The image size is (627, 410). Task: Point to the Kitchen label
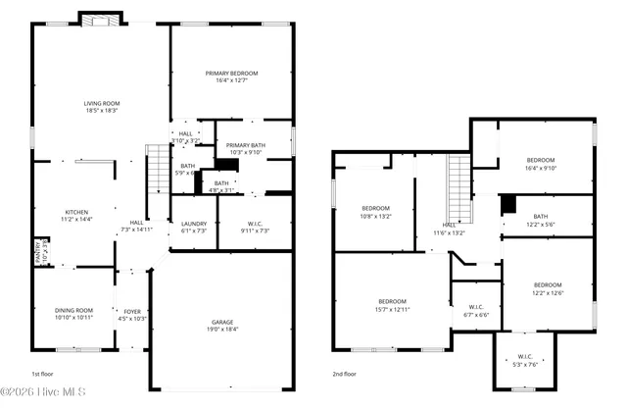click(x=76, y=216)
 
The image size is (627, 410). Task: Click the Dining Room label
click(x=73, y=314)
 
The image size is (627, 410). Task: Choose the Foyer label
click(x=132, y=314)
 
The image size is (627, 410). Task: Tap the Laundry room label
click(x=194, y=227)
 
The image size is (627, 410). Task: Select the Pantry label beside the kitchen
click(x=40, y=253)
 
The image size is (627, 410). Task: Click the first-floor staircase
click(x=158, y=169)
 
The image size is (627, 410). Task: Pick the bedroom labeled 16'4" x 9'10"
click(x=540, y=164)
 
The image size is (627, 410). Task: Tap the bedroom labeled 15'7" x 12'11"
click(x=392, y=305)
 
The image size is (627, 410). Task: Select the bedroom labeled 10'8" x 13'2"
click(x=376, y=212)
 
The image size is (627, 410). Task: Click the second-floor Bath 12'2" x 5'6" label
click(x=541, y=221)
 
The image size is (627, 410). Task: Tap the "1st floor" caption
click(x=42, y=374)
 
